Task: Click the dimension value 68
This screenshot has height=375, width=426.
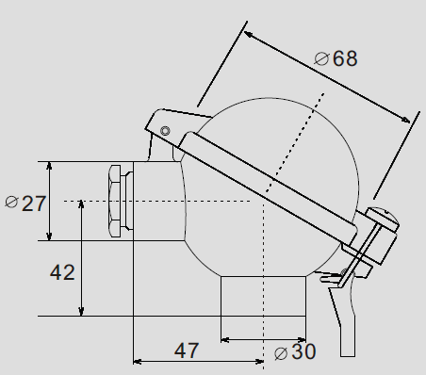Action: tap(345, 58)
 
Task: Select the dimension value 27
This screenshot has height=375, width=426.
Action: tap(34, 204)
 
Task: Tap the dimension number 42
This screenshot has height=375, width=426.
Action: tap(62, 272)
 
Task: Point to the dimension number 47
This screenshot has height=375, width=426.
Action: tap(187, 351)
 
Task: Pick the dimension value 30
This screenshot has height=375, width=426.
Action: tap(303, 351)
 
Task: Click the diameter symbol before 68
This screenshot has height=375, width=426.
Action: tap(321, 58)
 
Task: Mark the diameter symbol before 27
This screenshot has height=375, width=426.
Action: tap(12, 202)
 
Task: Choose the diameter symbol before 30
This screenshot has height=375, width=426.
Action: tap(281, 353)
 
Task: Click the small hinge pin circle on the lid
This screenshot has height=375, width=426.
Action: tap(165, 131)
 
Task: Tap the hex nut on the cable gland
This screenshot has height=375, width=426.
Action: tap(114, 201)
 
